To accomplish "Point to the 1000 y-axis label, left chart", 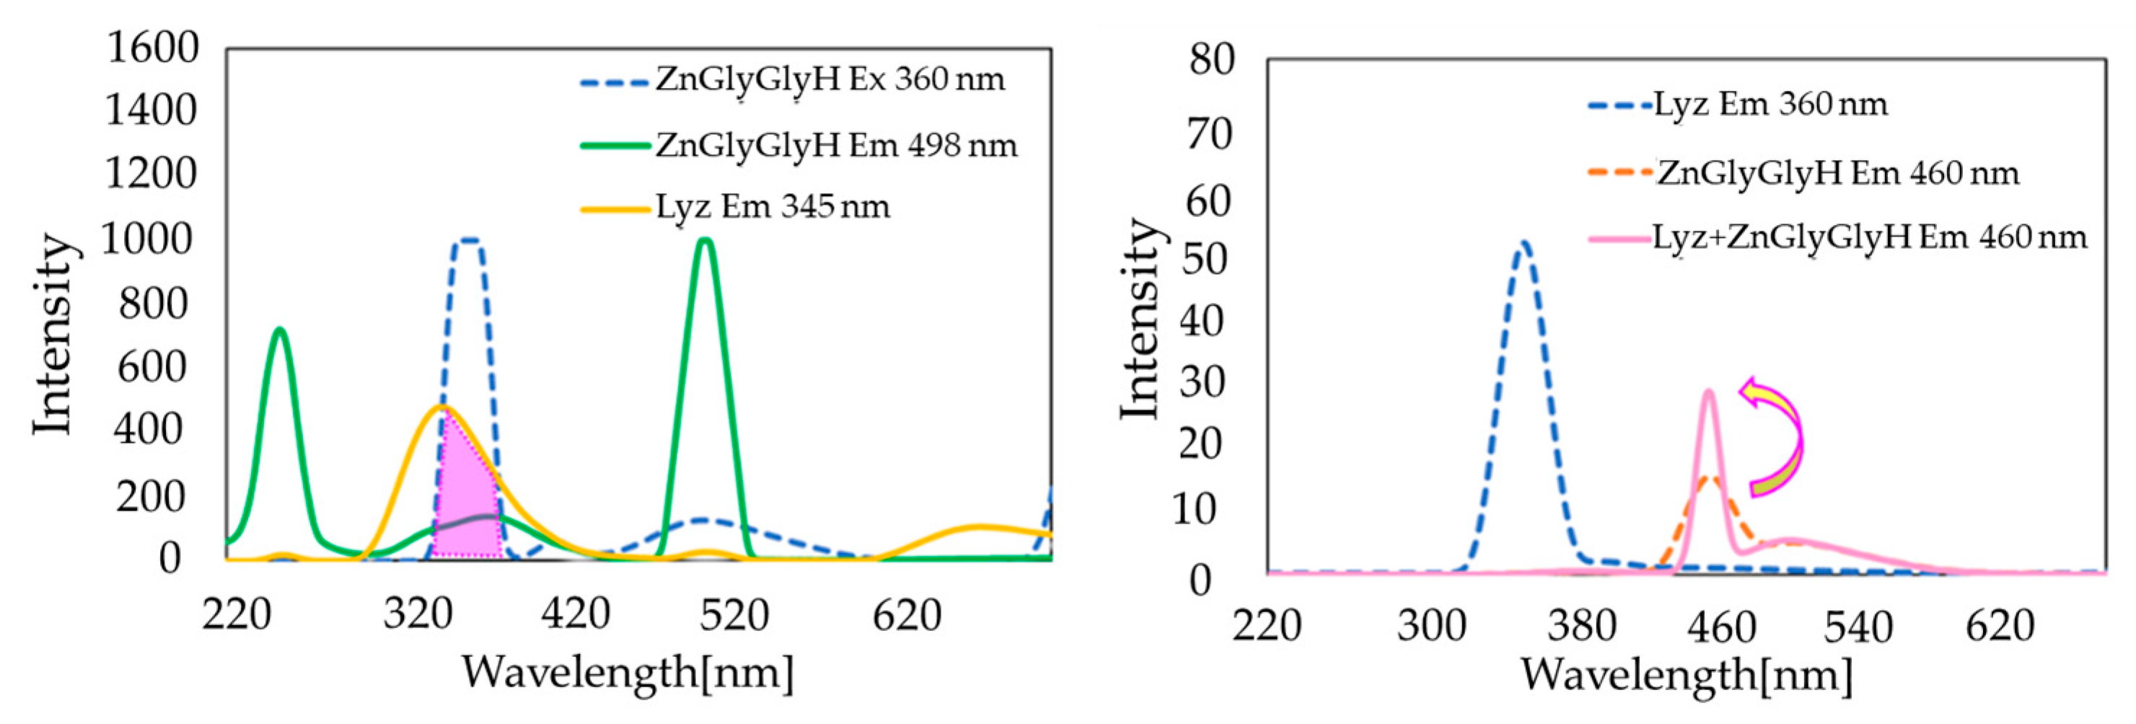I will tap(146, 239).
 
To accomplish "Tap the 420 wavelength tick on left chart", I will tap(576, 614).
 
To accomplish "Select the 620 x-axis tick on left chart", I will tap(906, 614).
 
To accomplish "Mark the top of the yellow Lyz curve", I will tap(442, 407).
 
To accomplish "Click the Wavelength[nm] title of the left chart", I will tap(627, 672).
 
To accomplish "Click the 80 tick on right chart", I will tap(1211, 60).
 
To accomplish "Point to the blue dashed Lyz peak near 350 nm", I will tap(1524, 244).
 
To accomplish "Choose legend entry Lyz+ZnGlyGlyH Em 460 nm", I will tap(1869, 238).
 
